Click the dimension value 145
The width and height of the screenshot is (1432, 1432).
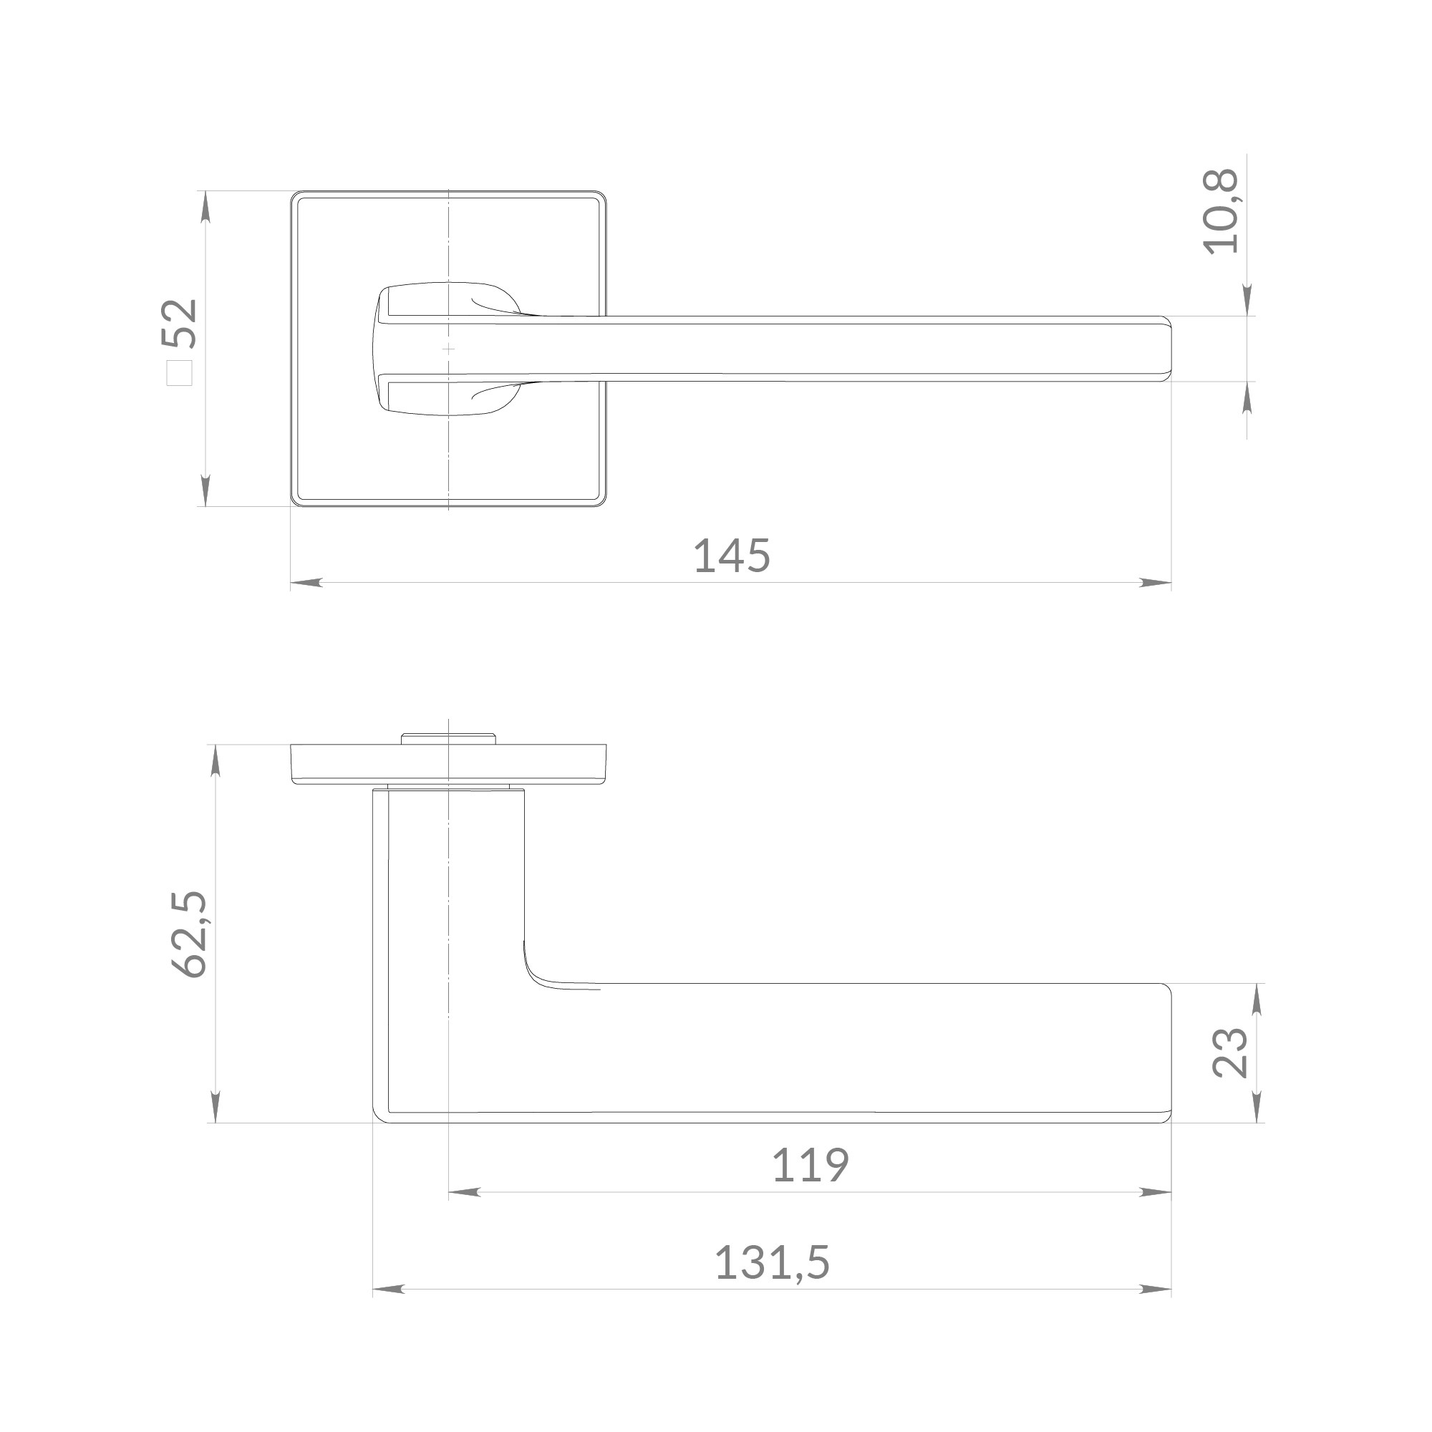click(x=732, y=556)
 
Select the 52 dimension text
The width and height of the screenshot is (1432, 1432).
click(x=180, y=323)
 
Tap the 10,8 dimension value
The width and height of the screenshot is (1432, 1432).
click(x=1221, y=212)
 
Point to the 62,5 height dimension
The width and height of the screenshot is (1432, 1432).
click(x=188, y=934)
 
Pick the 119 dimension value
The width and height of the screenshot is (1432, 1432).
click(x=810, y=1165)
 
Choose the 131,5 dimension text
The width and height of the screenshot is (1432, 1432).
click(x=772, y=1263)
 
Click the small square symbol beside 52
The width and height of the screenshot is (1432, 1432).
click(x=180, y=372)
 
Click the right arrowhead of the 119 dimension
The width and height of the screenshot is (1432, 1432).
click(x=1156, y=1193)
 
